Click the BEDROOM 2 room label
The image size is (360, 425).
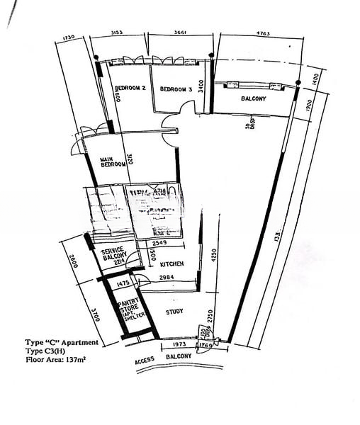pos(130,89)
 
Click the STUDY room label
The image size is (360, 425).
pos(175,311)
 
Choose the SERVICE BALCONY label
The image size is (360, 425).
pos(113,254)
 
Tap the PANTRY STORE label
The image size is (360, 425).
pos(129,307)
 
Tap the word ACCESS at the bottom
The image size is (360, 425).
pos(145,361)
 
